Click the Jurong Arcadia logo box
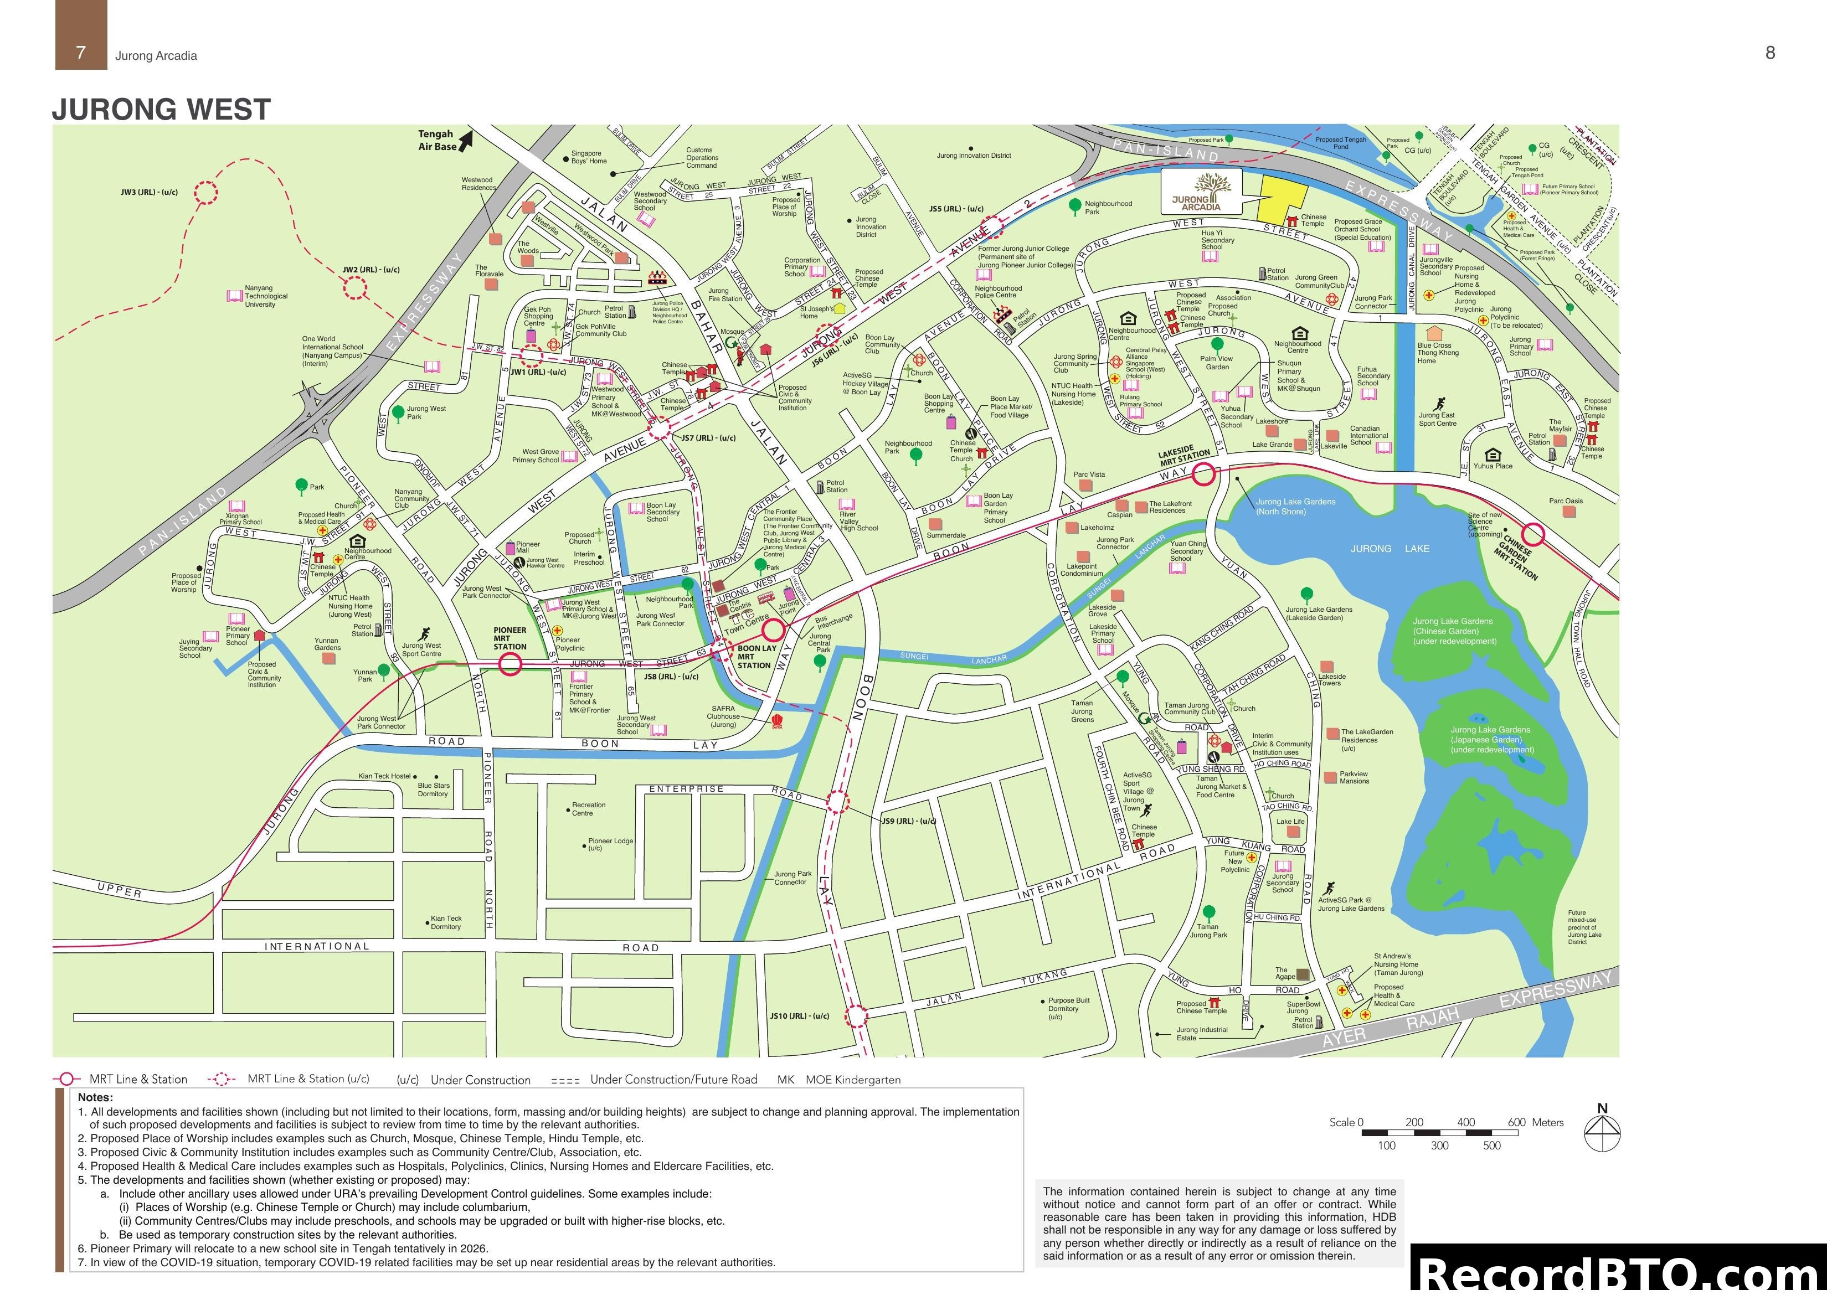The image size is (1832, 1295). [x=1200, y=192]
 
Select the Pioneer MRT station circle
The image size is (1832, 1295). [x=510, y=664]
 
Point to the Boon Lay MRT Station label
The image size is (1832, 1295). [x=757, y=657]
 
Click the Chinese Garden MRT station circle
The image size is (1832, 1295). [x=1533, y=535]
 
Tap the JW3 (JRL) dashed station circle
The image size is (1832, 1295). [x=206, y=192]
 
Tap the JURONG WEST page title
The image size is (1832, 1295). [x=161, y=109]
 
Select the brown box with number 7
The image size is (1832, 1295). [x=81, y=36]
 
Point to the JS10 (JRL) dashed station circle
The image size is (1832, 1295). [x=856, y=1016]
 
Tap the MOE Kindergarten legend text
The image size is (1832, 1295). [x=852, y=1080]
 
